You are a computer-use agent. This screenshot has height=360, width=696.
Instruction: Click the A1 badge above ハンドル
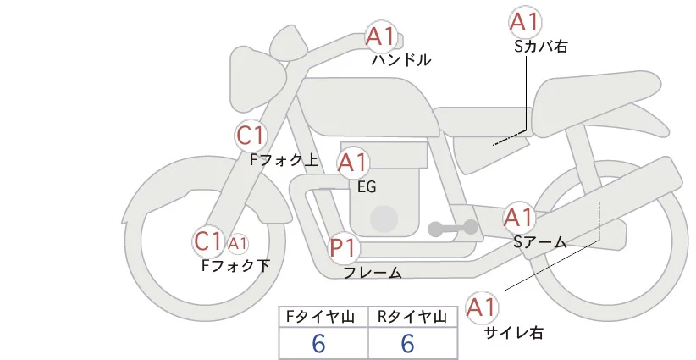[x=381, y=36]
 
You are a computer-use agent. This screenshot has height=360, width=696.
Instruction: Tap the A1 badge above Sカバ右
[x=524, y=22]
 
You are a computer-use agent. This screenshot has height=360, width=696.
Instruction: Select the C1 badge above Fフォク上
[x=251, y=136]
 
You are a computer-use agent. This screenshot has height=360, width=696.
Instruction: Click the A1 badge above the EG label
[x=352, y=163]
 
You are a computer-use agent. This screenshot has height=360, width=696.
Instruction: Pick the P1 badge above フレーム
[x=343, y=248]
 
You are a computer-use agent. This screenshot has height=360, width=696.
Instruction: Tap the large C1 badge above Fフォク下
[x=208, y=242]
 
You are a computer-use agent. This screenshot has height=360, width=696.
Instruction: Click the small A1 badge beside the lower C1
[x=238, y=244]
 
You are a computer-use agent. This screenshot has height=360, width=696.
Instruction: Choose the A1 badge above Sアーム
[x=518, y=218]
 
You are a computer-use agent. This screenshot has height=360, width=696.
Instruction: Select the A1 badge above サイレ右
[x=482, y=307]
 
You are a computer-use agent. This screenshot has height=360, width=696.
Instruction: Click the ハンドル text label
[x=401, y=60]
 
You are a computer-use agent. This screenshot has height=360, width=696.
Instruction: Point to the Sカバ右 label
[x=541, y=47]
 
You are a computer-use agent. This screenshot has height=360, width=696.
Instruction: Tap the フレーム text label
[x=373, y=272]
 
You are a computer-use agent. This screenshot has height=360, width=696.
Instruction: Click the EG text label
[x=367, y=187]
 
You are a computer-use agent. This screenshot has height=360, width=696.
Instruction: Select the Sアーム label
[x=540, y=242]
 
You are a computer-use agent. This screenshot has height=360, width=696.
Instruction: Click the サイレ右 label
[x=514, y=333]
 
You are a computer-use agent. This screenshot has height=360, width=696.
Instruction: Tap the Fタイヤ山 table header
[x=320, y=317]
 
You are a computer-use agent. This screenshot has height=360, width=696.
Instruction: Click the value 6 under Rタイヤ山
[x=407, y=343]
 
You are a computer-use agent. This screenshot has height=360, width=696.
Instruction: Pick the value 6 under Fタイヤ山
[x=318, y=343]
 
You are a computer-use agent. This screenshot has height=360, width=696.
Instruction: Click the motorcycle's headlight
[x=257, y=80]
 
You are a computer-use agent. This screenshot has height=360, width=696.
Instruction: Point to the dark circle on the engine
[x=384, y=219]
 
